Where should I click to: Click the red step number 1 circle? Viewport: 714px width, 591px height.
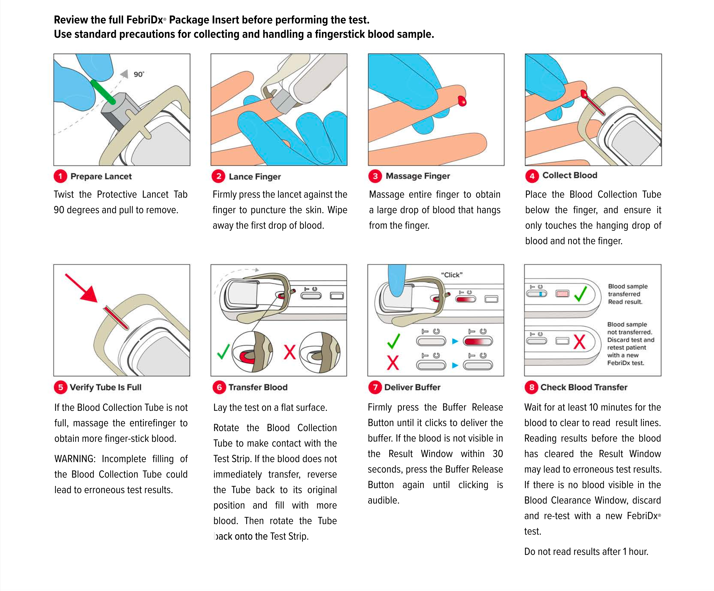tap(60, 176)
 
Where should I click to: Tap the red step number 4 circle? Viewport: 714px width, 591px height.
tap(532, 176)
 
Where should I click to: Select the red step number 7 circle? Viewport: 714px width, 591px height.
tap(375, 387)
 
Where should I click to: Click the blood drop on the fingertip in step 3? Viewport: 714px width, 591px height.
tap(462, 101)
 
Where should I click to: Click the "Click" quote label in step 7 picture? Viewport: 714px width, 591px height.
tap(451, 275)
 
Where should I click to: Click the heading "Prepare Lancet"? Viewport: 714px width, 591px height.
tap(101, 176)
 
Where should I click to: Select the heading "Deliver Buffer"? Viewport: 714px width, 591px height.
tap(412, 387)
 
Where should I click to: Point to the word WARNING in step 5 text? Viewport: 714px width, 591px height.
tap(75, 459)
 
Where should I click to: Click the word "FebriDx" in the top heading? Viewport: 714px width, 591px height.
tap(145, 20)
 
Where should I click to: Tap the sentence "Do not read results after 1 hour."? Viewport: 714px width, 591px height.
tap(586, 551)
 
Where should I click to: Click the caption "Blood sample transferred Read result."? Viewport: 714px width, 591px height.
tap(627, 294)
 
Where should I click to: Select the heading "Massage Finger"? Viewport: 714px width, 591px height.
tap(417, 176)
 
